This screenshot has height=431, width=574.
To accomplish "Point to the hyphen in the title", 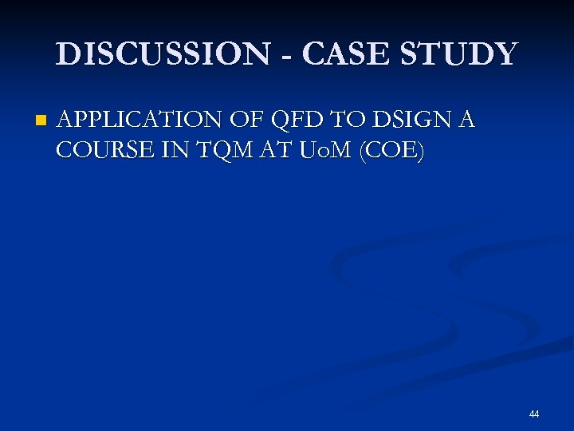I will point(287,56).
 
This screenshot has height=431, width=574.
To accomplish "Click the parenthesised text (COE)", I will point(392,150).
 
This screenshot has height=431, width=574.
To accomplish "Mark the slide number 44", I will point(533,414).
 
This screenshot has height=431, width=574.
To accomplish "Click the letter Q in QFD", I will point(281,120).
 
